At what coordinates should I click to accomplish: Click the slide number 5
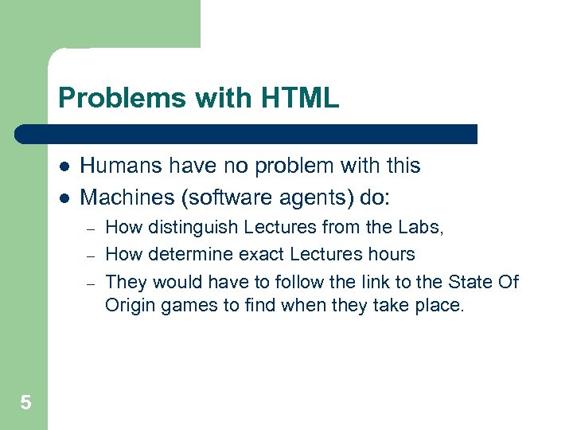coord(25,403)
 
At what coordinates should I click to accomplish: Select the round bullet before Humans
coord(64,167)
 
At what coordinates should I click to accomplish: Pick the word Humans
coord(121,166)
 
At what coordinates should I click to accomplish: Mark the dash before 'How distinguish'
coord(92,229)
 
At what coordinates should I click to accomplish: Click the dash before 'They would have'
coord(92,283)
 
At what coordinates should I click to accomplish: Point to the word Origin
coord(131,306)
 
